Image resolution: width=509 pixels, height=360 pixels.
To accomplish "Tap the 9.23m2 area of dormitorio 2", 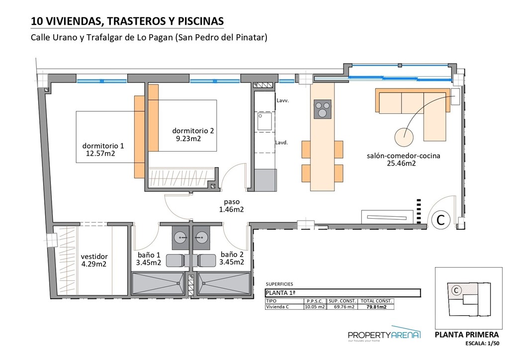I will [188, 139].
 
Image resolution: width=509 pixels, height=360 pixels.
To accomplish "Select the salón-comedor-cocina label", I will [403, 155].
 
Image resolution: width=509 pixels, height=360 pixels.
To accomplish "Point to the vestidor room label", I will [94, 257].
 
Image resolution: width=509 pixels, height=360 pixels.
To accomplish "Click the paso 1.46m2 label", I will [232, 206].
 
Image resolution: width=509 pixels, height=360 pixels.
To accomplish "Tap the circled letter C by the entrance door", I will [440, 219].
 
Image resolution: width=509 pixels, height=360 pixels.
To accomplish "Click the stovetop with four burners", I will [323, 109].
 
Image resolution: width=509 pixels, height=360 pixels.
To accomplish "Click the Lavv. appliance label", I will [282, 100].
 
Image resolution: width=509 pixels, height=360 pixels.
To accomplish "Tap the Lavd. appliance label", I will [282, 143].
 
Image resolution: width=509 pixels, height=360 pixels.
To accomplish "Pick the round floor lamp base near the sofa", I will [405, 135].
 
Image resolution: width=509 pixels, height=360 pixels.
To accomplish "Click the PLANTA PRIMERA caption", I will [467, 335].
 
